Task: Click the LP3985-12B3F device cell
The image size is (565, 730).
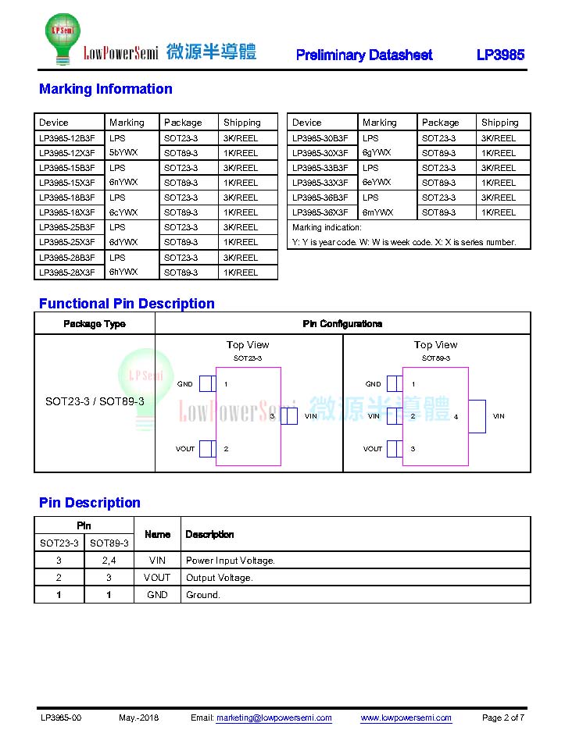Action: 67,138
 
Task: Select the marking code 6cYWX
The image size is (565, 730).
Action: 123,212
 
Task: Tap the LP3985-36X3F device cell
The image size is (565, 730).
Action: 320,212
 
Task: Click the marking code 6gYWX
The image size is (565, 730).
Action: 377,153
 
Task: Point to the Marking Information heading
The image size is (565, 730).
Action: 105,89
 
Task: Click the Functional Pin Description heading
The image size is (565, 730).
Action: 127,304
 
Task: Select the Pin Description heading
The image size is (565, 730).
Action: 90,503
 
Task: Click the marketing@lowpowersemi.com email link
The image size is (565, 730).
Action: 274,718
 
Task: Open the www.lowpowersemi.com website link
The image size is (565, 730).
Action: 406,718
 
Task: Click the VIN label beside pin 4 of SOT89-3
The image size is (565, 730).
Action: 499,416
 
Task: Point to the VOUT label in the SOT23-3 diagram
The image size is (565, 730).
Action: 185,449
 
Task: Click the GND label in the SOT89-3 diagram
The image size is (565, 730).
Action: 373,384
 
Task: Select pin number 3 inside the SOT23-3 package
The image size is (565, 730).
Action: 272,416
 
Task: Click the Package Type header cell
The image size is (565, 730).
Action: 95,324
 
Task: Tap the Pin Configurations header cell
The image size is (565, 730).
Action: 342,324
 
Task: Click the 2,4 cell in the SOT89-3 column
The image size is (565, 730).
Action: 109,561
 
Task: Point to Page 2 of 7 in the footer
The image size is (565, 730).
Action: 502,718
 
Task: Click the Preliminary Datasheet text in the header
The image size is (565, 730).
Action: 364,55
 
